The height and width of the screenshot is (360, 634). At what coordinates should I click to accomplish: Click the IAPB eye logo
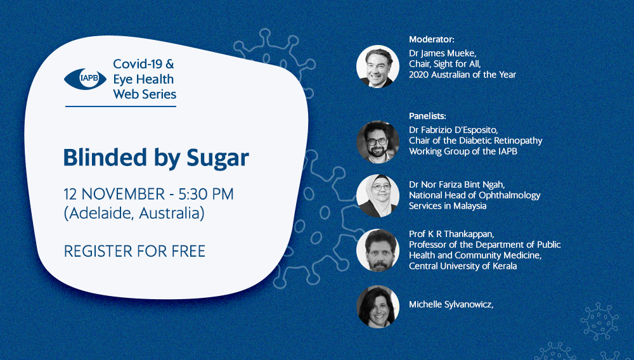pos(85,79)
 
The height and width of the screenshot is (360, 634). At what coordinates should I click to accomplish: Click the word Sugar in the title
pos(217,158)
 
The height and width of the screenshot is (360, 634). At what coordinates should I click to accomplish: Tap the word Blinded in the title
pos(105,157)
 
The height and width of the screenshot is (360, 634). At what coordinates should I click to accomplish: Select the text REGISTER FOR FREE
pos(134,252)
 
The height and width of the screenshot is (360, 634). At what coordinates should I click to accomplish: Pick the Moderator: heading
pos(431,39)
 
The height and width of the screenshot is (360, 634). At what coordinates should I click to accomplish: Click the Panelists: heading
pos(427,117)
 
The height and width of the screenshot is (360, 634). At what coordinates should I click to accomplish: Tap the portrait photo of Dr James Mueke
pos(378,67)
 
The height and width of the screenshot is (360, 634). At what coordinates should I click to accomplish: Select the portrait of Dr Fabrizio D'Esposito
pos(378,142)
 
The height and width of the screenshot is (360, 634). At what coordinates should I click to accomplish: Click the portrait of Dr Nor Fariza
pos(378,196)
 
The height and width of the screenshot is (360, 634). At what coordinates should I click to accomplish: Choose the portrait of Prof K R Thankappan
pos(378,250)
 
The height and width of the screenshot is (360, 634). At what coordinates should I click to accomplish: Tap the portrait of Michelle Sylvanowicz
pos(378,307)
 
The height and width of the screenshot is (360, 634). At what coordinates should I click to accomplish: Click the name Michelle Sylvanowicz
pos(451,305)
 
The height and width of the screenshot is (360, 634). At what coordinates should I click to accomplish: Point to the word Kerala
pos(504,266)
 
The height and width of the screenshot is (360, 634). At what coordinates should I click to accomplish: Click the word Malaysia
pos(470,206)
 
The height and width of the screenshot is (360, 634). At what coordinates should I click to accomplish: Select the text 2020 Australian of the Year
pos(463,75)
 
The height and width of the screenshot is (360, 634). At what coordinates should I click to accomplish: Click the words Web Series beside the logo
pos(145,94)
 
